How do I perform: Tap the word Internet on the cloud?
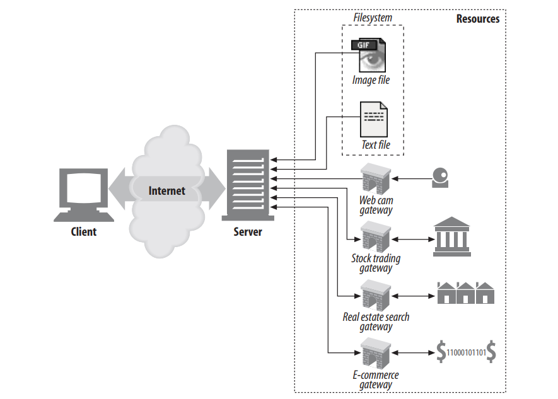[166, 190]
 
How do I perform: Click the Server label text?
[247, 231]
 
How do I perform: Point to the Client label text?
[83, 231]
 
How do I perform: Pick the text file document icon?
[374, 120]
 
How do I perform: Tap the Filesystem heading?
[372, 18]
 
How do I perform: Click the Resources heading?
[477, 18]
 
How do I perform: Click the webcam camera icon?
[440, 178]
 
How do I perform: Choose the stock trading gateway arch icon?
[376, 238]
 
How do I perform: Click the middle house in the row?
[466, 293]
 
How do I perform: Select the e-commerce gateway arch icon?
[376, 354]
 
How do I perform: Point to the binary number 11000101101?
[465, 353]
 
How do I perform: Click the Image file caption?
[371, 80]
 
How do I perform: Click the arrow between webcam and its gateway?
[410, 179]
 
